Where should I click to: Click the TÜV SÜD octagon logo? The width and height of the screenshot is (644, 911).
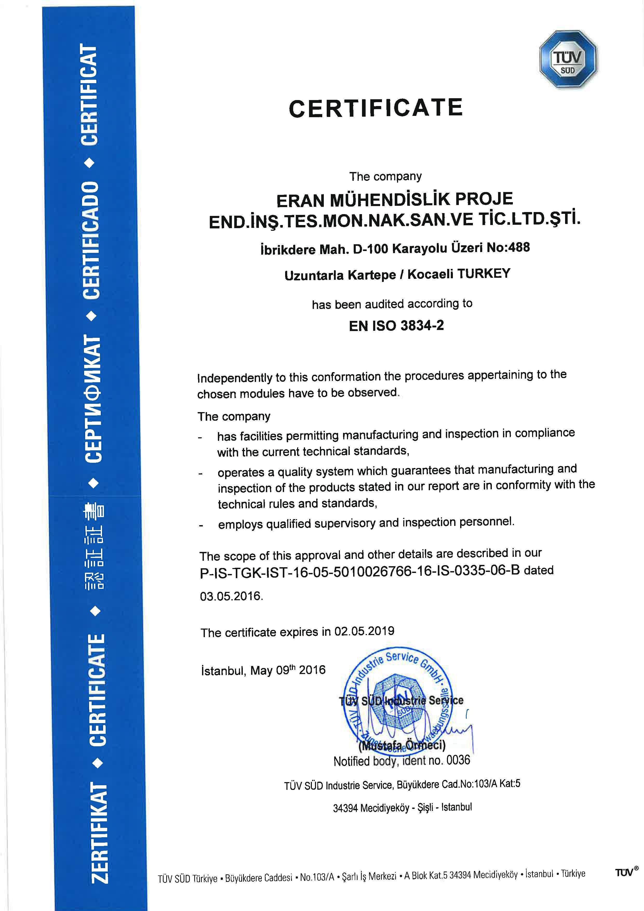tap(568, 60)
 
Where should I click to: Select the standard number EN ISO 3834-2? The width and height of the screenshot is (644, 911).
tap(396, 326)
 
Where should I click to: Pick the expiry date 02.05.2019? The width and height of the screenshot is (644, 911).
tap(364, 631)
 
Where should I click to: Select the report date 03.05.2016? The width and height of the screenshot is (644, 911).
tap(231, 596)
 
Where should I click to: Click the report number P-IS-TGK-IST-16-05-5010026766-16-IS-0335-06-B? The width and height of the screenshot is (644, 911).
tap(360, 571)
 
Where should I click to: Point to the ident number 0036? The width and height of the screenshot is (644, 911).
tap(458, 760)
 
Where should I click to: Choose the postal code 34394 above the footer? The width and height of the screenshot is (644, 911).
tap(345, 808)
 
